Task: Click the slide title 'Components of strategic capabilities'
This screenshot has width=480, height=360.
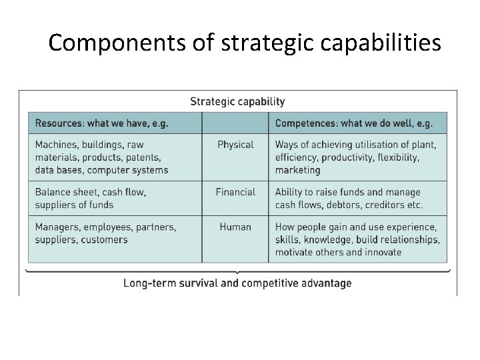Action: tap(245, 43)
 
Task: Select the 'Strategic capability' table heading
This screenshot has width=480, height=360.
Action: tap(237, 102)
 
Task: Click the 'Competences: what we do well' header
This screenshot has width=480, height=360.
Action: tap(353, 123)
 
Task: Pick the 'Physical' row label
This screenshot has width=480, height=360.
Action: tap(235, 145)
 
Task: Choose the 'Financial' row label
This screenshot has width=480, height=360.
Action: tap(235, 192)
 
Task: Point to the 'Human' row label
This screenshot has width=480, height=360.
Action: tap(235, 227)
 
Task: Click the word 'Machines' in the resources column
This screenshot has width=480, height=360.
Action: tap(56, 145)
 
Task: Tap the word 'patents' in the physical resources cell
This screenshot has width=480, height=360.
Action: tap(142, 157)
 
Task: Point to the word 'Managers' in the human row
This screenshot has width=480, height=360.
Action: tap(57, 227)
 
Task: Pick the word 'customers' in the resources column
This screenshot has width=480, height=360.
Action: tap(104, 239)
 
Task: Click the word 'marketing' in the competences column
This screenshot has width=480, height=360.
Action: tap(297, 170)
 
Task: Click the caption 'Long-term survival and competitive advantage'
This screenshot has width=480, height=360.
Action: tap(237, 283)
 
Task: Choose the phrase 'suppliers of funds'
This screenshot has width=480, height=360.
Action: tap(74, 205)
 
